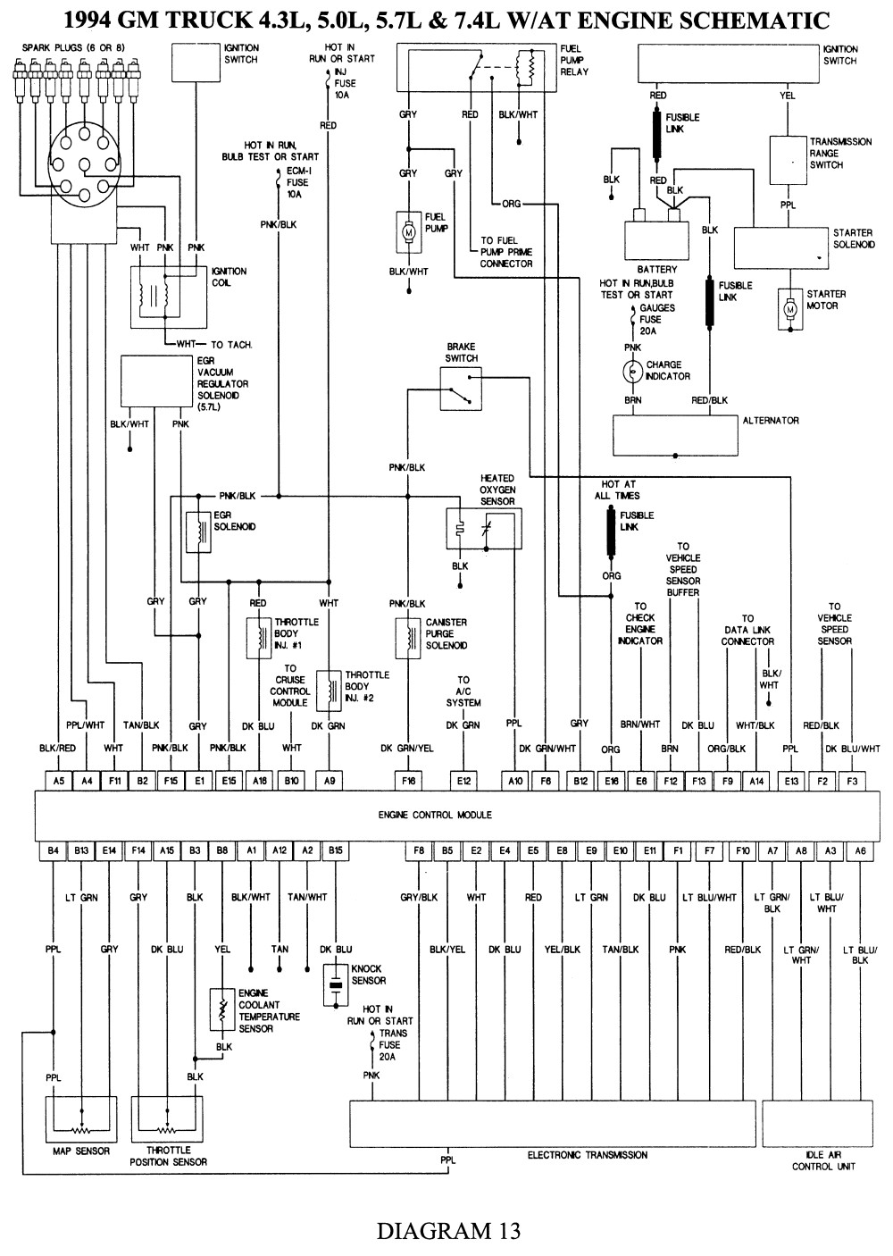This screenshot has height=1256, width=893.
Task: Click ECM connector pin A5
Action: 59,781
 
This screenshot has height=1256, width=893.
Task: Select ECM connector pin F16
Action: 408,781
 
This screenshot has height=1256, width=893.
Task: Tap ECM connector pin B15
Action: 335,850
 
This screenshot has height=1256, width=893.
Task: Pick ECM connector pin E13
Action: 791,781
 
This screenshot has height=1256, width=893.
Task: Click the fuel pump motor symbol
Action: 409,231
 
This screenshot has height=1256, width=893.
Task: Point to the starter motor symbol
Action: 790,308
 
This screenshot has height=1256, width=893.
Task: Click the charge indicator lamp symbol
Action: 633,371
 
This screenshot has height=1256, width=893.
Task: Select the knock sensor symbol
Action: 335,985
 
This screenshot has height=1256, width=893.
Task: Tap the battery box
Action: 656,240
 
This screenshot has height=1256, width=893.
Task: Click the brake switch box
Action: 461,389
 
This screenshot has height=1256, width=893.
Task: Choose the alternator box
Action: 675,435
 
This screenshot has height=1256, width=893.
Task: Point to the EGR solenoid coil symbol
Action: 198,532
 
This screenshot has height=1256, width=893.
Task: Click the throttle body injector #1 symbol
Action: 258,638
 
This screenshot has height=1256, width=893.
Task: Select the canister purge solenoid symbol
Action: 408,638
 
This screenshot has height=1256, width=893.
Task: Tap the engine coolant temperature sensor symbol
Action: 222,1009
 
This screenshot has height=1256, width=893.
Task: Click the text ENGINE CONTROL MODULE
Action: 435,815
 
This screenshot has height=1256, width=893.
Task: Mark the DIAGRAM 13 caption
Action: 448,1231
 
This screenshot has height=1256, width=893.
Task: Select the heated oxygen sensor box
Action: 484,528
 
